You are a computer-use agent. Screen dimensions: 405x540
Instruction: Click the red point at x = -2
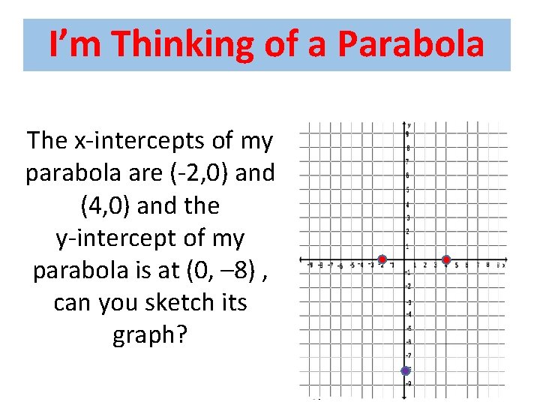click(382, 260)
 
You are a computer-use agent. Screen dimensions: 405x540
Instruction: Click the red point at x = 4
click(446, 260)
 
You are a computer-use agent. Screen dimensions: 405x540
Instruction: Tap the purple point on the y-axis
click(406, 370)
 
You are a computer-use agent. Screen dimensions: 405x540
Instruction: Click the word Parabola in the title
click(411, 44)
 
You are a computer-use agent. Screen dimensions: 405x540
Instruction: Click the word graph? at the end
click(149, 335)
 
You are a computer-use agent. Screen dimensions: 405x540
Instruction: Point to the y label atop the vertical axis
click(409, 124)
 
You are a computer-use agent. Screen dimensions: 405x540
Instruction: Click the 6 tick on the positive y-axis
click(408, 175)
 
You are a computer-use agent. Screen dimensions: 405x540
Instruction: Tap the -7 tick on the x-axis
click(331, 265)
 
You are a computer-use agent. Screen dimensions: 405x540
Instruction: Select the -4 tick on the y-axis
click(408, 315)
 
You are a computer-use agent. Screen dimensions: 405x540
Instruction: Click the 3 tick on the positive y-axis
click(408, 217)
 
